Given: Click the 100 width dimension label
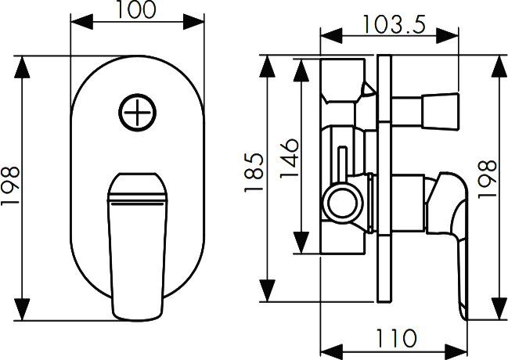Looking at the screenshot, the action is (x=135, y=9).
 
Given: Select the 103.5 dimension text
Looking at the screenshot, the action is (x=395, y=24).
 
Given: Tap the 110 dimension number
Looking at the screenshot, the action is (x=395, y=338).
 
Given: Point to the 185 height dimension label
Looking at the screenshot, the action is (x=254, y=172).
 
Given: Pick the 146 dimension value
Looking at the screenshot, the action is (x=289, y=158).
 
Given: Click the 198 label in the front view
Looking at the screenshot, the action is (x=9, y=185).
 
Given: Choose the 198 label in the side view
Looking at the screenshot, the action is (x=488, y=179).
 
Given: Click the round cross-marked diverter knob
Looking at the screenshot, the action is (x=137, y=113).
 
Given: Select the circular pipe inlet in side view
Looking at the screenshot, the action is (x=342, y=204).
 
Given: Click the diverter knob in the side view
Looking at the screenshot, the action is (x=440, y=111).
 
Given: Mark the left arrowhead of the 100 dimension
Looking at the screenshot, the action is (x=81, y=22).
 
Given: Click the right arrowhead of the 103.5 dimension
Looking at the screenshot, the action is (x=448, y=36).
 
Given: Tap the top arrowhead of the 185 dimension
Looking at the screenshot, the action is (x=268, y=67).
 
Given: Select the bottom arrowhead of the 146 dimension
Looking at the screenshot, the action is (x=301, y=243).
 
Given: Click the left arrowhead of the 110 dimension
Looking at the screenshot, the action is (x=331, y=352).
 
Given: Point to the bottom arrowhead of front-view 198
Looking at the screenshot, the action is (x=22, y=309).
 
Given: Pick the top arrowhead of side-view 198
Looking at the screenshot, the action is (x=499, y=67).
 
